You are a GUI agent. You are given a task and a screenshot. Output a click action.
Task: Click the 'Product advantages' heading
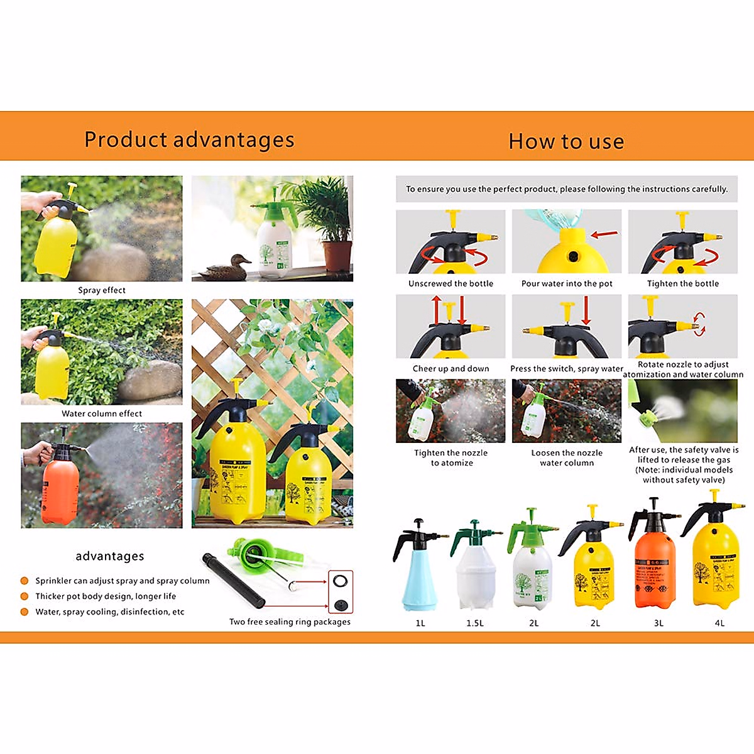point(189,139)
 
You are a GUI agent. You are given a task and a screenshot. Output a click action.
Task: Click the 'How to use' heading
point(566,141)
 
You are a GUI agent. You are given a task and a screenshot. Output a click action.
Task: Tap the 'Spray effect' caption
point(102,290)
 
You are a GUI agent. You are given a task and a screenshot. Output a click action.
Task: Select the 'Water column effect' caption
point(102,413)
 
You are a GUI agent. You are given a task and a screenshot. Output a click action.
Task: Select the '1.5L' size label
point(475,623)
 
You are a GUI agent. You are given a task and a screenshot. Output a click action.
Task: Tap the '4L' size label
point(719,623)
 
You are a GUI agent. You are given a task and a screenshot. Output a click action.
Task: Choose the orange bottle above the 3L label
point(655,565)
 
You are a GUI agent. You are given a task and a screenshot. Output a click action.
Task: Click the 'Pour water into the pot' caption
point(567,283)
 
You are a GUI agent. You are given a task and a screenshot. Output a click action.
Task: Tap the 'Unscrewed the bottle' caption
point(451,283)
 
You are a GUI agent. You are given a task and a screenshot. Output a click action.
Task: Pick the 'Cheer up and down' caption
point(451,369)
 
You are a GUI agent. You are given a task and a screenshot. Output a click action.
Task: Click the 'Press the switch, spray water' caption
point(567,369)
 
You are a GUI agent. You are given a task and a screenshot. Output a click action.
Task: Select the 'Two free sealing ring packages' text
point(290,621)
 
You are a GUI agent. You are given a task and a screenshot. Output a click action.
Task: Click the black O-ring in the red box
point(341,580)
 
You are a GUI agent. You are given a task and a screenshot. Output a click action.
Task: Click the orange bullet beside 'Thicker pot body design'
point(25,596)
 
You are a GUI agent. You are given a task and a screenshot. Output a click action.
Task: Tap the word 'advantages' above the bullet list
point(110,556)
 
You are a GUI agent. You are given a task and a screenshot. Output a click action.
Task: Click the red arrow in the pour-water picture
point(604,234)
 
